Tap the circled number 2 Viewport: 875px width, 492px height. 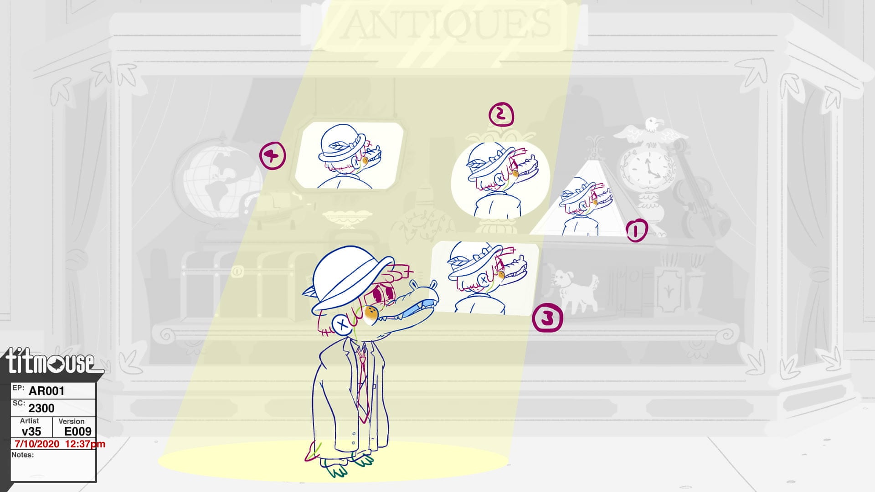[x=501, y=115]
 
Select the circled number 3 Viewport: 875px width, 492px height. [x=547, y=319]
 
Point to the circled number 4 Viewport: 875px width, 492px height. [x=273, y=156]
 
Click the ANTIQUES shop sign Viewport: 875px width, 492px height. [x=446, y=25]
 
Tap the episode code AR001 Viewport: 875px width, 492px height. [x=46, y=391]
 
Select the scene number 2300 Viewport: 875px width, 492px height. [x=41, y=408]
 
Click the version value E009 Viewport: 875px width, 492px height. [x=78, y=431]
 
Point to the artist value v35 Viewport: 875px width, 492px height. [x=31, y=431]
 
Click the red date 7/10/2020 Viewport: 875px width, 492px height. [x=37, y=444]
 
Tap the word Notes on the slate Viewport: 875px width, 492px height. [x=22, y=455]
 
